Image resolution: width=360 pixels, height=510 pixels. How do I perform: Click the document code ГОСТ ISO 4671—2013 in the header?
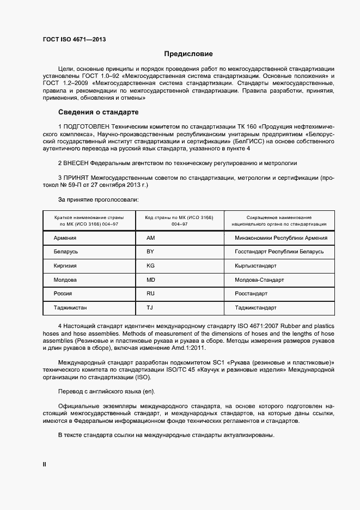pyautogui.click(x=74, y=40)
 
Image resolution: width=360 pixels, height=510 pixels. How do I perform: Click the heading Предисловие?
pyautogui.click(x=188, y=54)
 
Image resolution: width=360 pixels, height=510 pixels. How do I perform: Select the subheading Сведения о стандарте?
pyautogui.click(x=98, y=113)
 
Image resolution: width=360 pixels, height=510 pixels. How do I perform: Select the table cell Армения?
pyautogui.click(x=65, y=238)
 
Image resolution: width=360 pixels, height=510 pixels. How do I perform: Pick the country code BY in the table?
pyautogui.click(x=150, y=252)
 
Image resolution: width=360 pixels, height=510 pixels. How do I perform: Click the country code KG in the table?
pyautogui.click(x=151, y=266)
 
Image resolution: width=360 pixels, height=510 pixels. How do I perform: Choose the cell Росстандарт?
pyautogui.click(x=251, y=294)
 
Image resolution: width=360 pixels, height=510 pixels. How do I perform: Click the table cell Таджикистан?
pyautogui.click(x=70, y=308)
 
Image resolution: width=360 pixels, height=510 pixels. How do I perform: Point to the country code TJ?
pyautogui.click(x=150, y=308)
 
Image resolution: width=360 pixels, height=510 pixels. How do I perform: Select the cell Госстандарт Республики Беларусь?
pyautogui.click(x=279, y=252)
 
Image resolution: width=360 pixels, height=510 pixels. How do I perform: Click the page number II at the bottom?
pyautogui.click(x=45, y=464)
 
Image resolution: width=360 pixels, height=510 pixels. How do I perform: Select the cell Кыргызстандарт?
pyautogui.click(x=255, y=266)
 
